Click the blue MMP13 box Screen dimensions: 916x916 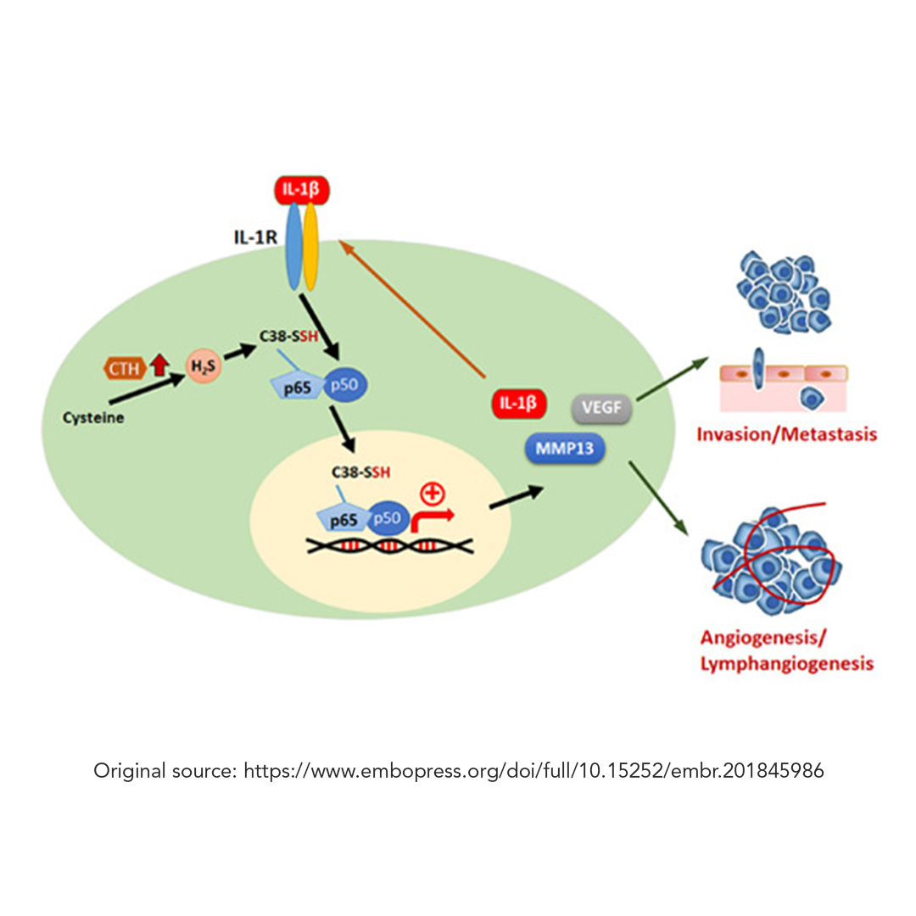tap(564, 447)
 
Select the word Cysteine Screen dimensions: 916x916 tap(93, 417)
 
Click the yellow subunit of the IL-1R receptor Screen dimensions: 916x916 tap(311, 246)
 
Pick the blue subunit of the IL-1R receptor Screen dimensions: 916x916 tap(293, 246)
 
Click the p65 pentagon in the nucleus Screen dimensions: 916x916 tap(343, 520)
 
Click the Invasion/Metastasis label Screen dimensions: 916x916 tap(786, 435)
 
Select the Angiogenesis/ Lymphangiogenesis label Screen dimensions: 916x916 tap(786, 651)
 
